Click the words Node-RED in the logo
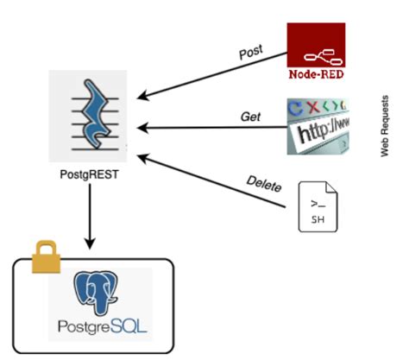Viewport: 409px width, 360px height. [315, 73]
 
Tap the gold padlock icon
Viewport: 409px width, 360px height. [47, 256]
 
